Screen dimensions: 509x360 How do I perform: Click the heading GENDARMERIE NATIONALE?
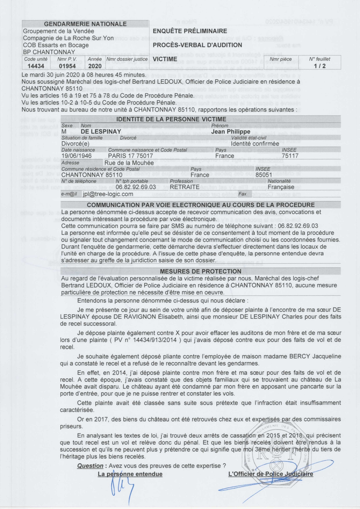85,24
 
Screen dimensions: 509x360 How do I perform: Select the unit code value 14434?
34,66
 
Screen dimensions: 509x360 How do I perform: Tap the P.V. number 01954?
67,66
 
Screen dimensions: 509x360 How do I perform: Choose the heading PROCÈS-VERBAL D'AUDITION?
197,45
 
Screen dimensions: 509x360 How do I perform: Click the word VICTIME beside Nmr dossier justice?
165,59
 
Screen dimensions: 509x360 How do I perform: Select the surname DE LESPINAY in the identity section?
101,132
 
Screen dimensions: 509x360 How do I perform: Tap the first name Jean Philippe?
231,132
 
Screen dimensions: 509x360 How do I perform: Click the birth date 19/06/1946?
76,156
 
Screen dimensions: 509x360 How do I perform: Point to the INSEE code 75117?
290,156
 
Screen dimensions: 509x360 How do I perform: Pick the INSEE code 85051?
264,175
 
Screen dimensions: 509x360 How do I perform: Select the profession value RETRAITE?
185,187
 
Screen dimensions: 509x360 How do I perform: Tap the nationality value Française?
281,187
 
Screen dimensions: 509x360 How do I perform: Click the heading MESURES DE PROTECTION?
201,271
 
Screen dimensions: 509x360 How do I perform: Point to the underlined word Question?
90,466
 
